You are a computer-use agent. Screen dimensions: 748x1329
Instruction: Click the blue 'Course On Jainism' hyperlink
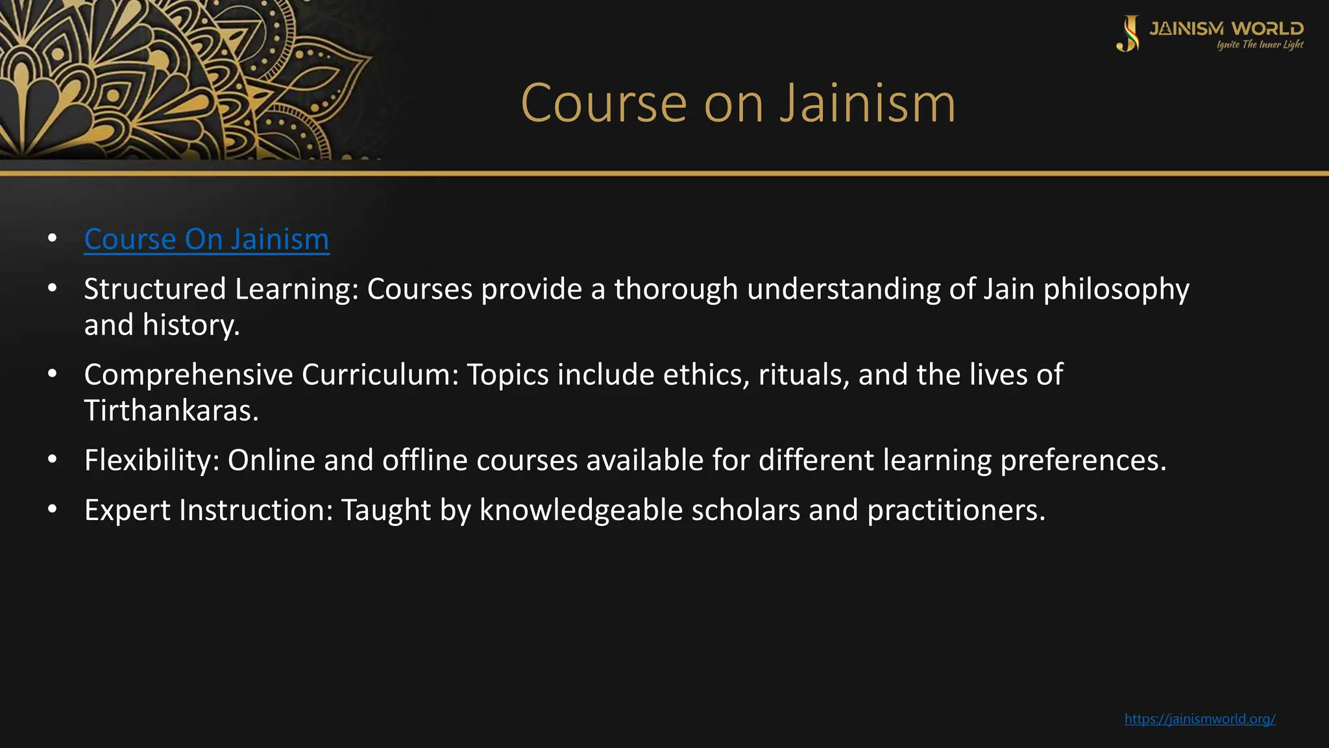point(206,239)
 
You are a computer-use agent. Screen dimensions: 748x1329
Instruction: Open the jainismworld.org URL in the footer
point(1200,719)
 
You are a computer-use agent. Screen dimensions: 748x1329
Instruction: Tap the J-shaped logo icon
point(1128,34)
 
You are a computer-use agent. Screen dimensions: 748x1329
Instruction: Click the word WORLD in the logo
point(1267,29)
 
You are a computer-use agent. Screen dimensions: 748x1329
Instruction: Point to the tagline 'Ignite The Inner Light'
point(1260,45)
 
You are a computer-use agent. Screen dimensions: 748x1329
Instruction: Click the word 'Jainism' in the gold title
point(868,103)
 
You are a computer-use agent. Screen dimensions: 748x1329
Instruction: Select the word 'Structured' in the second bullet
point(154,289)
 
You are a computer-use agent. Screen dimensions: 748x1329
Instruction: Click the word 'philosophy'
point(1116,289)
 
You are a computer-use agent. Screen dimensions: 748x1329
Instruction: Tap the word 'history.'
point(191,325)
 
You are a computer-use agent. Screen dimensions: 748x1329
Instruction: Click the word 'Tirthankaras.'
point(171,410)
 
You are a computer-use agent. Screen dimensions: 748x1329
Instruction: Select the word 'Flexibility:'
point(152,460)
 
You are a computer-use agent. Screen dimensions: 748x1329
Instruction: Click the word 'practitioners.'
point(957,510)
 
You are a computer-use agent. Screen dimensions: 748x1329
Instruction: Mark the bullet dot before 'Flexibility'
point(53,460)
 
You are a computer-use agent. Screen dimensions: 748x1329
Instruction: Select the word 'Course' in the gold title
point(604,103)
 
